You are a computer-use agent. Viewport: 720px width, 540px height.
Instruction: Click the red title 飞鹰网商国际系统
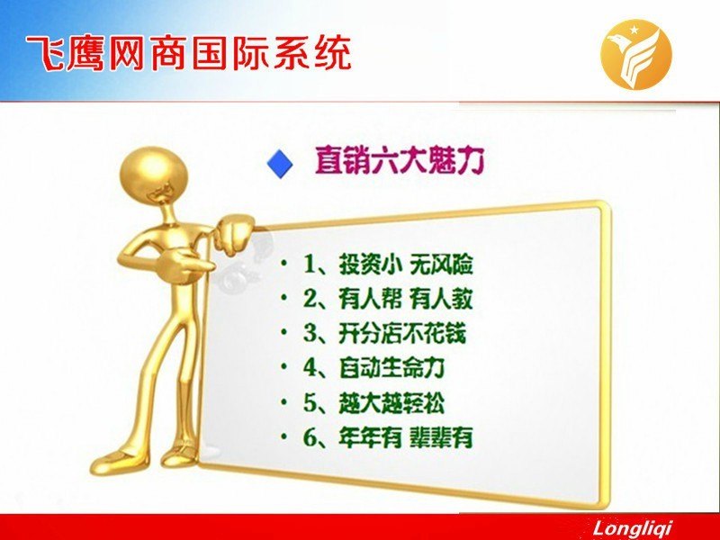point(189,54)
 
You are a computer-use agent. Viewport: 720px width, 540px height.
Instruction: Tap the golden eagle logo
point(636,54)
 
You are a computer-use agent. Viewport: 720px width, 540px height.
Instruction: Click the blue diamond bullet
point(280,163)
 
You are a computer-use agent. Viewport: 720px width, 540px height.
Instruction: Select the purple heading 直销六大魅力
point(400,160)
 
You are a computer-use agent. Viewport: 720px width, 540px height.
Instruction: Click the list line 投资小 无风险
point(406,264)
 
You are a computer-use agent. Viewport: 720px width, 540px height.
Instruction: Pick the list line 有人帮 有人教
point(406,299)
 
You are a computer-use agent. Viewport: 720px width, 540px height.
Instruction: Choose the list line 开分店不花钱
point(402,333)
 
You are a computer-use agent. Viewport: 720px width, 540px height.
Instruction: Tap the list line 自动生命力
point(391,368)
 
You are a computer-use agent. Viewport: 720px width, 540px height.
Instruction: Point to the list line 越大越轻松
point(391,402)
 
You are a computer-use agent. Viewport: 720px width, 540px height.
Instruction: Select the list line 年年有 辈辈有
point(406,437)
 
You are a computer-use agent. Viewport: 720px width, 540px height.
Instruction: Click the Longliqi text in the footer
point(633,528)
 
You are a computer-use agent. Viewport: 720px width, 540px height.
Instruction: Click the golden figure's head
point(153,175)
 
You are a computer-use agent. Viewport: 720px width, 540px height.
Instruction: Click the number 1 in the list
point(309,265)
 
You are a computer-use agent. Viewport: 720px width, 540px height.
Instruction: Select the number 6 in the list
point(310,437)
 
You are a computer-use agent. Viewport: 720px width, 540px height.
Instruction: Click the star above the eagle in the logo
point(634,31)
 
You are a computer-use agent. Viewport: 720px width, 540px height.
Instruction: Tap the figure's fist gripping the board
point(234,235)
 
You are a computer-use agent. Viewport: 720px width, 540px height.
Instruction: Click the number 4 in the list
point(310,368)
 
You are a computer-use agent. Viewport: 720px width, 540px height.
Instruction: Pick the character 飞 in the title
point(44,54)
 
